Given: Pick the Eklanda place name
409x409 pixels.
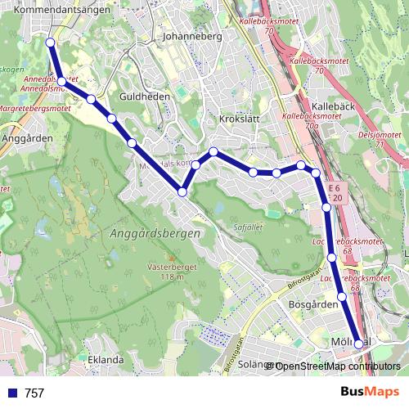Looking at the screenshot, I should (x=106, y=359).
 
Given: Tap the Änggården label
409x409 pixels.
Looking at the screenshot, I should (x=27, y=138).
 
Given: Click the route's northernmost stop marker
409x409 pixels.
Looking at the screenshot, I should (x=51, y=42).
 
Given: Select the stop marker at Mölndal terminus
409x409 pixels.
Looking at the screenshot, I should (x=358, y=344).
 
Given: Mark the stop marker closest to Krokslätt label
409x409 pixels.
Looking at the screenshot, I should (x=213, y=151).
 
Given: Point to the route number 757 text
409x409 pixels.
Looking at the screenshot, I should (x=34, y=393).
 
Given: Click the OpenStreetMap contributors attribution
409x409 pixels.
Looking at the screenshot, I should (x=337, y=366).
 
